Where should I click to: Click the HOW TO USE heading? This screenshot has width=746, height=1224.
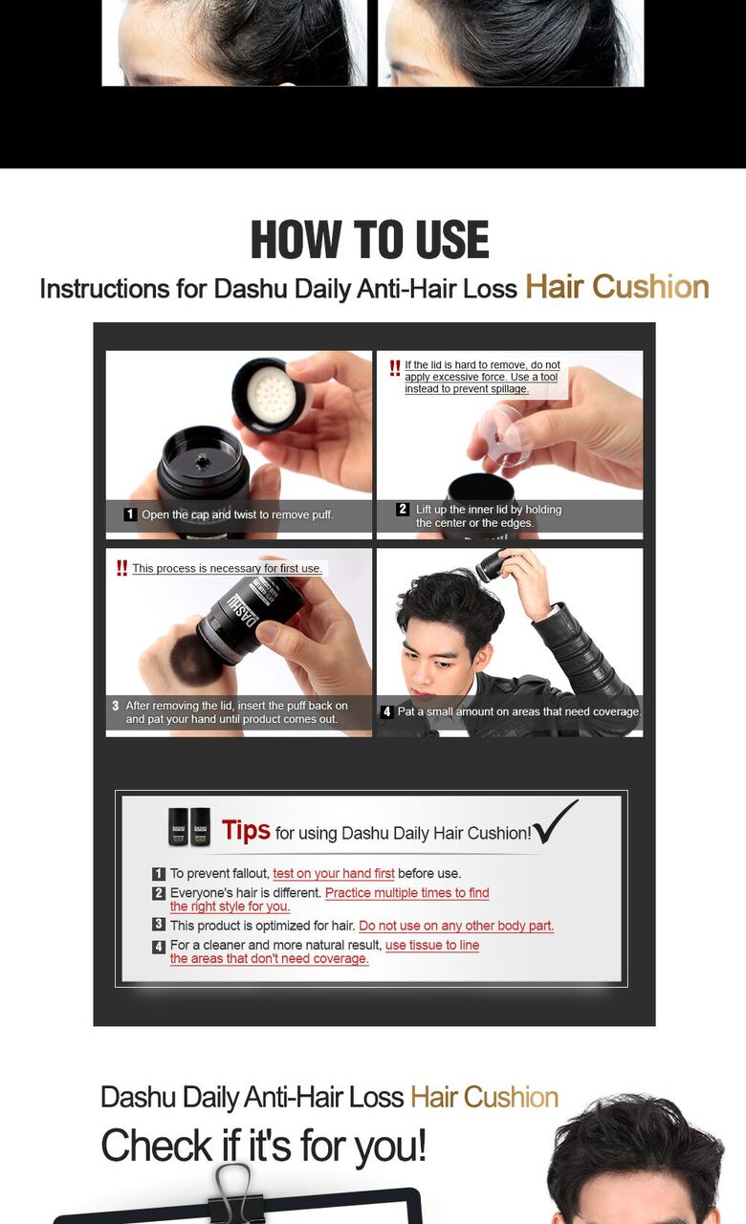[x=370, y=239]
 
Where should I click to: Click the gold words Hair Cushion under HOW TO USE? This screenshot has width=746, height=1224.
[x=617, y=287]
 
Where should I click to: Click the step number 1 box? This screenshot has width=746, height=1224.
[x=129, y=514]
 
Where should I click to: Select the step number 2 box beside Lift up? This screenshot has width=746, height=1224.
[x=403, y=509]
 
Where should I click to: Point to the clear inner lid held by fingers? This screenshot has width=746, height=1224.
[x=505, y=434]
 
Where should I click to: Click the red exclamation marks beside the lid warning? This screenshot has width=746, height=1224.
[x=395, y=368]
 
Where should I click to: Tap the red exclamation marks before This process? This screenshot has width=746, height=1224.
[x=121, y=568]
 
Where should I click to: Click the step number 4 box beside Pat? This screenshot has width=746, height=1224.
[x=387, y=711]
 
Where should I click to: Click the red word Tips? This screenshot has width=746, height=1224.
[x=246, y=830]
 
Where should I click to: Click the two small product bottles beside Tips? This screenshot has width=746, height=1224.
[x=189, y=827]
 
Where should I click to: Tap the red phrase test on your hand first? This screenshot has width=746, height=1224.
[x=334, y=873]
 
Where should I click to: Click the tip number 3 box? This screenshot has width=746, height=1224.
[x=159, y=924]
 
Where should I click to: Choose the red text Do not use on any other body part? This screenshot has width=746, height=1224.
[x=456, y=926]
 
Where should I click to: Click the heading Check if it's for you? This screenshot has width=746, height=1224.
[x=263, y=1146]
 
